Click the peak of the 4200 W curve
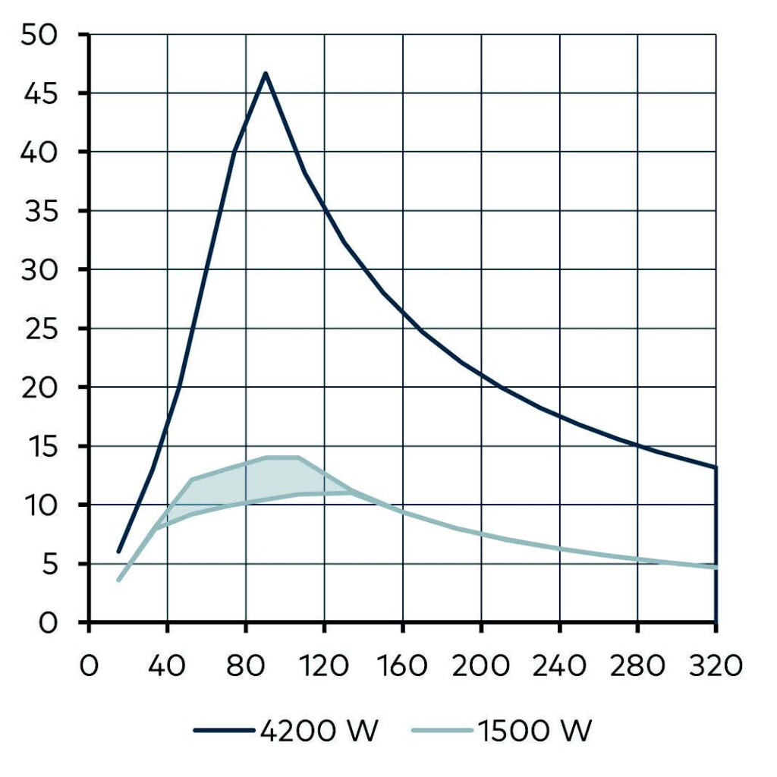(266, 73)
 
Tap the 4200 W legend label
(318, 731)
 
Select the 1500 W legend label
(535, 731)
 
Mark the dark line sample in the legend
(223, 731)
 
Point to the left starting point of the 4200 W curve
(118, 552)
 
